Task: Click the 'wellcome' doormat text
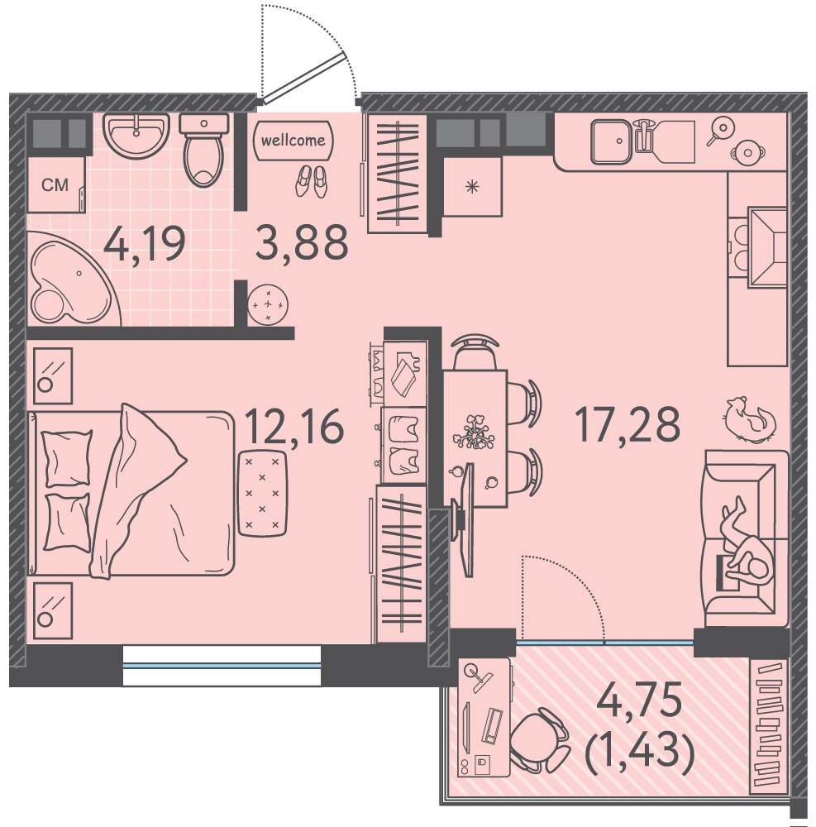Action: click(293, 141)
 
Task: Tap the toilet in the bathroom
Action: click(204, 150)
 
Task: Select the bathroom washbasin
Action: click(136, 135)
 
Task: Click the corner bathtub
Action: click(74, 279)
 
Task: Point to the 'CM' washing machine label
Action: click(55, 184)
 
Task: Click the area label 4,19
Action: click(145, 244)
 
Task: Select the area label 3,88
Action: click(302, 242)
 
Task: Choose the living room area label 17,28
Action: click(628, 424)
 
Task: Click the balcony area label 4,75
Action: click(639, 700)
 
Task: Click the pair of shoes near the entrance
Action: click(312, 181)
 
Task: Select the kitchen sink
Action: click(611, 141)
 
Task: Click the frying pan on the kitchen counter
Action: click(720, 129)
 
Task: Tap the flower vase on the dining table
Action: click(474, 433)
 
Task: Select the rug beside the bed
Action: click(263, 493)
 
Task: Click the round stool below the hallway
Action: click(268, 305)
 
